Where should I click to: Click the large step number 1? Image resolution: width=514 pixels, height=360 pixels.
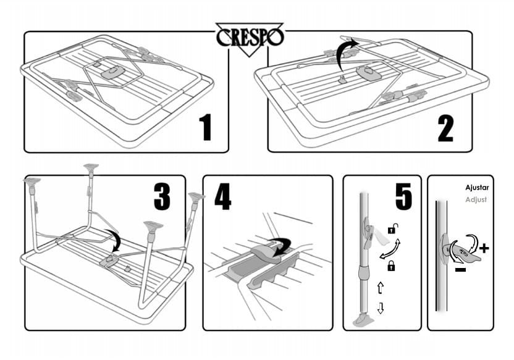[206, 127]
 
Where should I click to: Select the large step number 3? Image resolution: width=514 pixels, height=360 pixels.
[161, 196]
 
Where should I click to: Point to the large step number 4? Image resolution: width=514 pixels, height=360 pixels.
[224, 196]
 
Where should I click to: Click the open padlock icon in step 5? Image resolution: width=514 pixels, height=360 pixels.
[391, 231]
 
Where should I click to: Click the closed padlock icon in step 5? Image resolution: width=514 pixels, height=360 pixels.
[391, 266]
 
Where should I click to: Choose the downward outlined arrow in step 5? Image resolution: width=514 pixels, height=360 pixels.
[381, 308]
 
